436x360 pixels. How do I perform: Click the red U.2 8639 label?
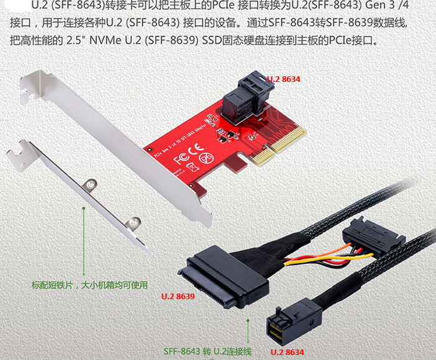178,296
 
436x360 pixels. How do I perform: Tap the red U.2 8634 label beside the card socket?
284,79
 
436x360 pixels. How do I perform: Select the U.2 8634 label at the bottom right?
288,352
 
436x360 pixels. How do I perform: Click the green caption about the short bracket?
89,286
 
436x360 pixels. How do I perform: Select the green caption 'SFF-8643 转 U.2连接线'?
207,352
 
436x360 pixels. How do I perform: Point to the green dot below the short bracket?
83,209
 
